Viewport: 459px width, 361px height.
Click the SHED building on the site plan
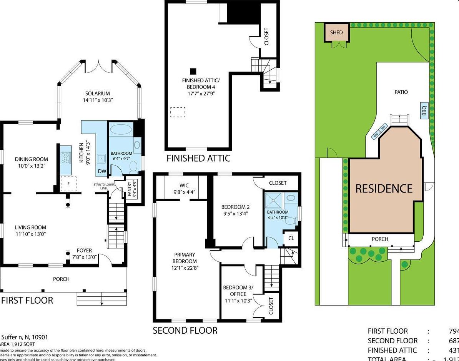[x=336, y=33]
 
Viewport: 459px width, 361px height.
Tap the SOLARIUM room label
[x=97, y=94]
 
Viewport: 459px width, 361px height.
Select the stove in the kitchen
[x=66, y=158]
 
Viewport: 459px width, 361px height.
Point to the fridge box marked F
[x=68, y=184]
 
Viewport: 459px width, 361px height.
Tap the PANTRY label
[x=129, y=189]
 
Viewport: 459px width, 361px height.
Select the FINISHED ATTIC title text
[x=198, y=158]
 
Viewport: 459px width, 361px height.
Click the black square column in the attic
[x=193, y=71]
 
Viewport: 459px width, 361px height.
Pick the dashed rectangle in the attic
[x=178, y=112]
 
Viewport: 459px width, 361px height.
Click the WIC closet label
[x=184, y=185]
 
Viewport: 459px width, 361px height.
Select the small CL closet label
[x=291, y=238]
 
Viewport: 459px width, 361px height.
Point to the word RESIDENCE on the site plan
[x=384, y=189]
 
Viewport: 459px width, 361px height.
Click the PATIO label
[x=401, y=92]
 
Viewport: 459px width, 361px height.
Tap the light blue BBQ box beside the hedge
[x=424, y=111]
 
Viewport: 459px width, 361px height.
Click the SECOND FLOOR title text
[x=185, y=330]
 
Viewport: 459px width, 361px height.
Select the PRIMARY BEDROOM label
[x=185, y=258]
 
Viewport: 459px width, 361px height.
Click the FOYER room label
[x=84, y=251]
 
